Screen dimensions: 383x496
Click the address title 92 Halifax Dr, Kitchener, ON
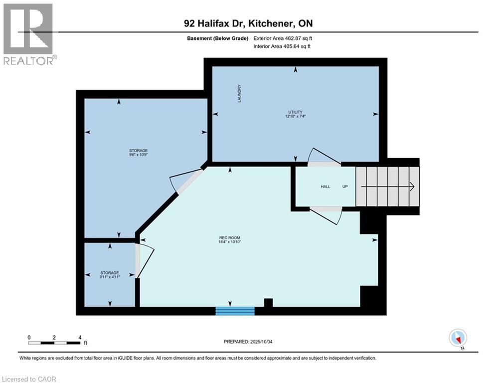(248, 23)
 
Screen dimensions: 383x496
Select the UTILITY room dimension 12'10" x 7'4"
(295, 114)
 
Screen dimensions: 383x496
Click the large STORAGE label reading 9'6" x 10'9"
(139, 153)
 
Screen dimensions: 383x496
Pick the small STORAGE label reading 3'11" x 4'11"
(109, 275)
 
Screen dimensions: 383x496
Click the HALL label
(325, 187)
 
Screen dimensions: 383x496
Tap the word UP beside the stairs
(344, 187)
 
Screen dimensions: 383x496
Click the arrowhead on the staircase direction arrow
(412, 187)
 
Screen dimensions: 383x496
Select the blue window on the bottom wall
(235, 311)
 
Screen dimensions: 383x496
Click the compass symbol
(457, 338)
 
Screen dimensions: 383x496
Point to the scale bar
(54, 343)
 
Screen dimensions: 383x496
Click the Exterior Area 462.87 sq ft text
(283, 38)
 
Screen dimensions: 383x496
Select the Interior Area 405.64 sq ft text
(283, 46)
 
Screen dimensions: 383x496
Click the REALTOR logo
(29, 34)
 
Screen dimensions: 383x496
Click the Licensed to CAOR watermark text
(30, 379)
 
